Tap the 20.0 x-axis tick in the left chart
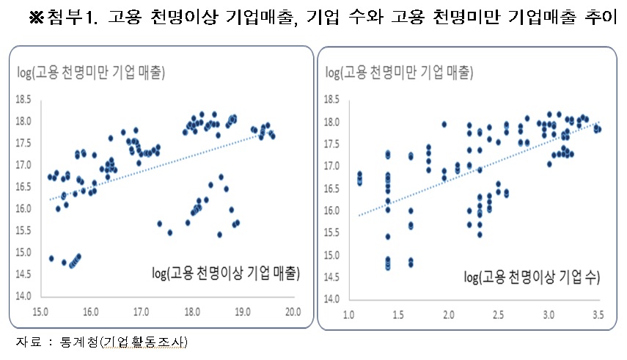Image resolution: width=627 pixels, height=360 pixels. coord(293,312)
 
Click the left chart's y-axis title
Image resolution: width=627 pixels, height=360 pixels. coord(91,72)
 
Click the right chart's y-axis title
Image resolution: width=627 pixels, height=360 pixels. coord(399,72)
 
